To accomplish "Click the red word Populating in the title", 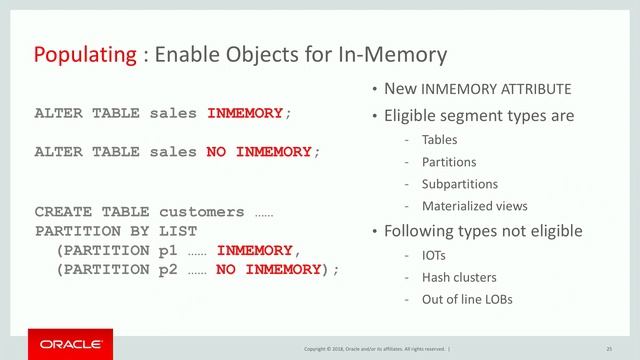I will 85,53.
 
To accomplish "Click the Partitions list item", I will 449,162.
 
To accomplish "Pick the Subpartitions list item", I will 460,184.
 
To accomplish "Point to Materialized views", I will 475,206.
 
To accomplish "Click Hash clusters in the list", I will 459,276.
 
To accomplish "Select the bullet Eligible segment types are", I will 479,116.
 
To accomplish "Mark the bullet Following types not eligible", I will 483,231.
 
